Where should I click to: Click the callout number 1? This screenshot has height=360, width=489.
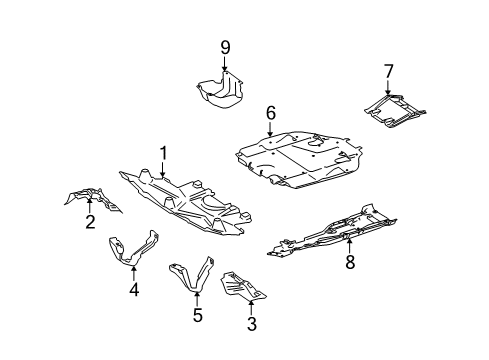point(163,154)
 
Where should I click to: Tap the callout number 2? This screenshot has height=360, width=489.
point(90,222)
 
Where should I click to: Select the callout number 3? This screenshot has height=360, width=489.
point(252,324)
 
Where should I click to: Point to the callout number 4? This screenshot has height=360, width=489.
point(134,289)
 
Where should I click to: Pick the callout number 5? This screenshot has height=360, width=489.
point(197,315)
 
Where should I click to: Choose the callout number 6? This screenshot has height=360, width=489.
point(271,113)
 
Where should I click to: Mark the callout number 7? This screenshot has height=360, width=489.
point(389,72)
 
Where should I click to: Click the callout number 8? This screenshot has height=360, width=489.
point(350,262)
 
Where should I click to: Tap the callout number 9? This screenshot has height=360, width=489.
point(225,48)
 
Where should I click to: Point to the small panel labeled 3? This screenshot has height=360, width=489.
point(241,286)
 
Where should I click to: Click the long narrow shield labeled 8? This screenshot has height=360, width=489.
point(333,233)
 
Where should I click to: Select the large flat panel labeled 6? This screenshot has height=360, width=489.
point(298,159)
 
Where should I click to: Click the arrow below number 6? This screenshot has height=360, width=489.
point(270,129)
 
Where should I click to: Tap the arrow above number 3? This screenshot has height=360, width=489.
point(251,308)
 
